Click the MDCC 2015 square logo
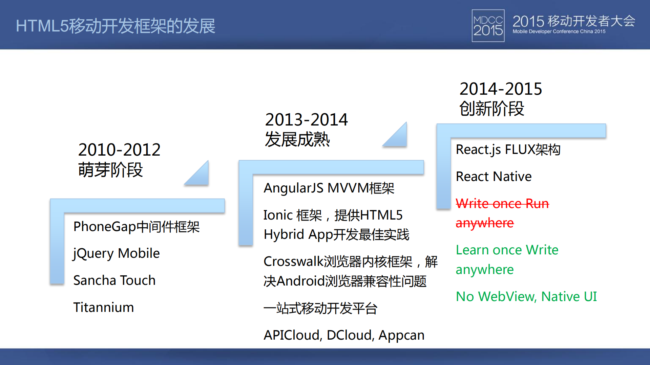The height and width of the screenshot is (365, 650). tap(488, 26)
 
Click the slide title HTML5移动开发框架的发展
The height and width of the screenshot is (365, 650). tap(115, 26)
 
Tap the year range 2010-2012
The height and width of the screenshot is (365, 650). tap(119, 150)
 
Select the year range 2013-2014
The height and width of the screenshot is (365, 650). tap(306, 120)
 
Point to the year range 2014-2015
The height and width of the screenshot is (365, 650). tap(501, 89)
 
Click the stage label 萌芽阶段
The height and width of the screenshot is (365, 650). tap(110, 170)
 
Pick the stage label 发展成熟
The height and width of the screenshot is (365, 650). tap(297, 139)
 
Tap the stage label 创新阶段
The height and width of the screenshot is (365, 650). tap(491, 109)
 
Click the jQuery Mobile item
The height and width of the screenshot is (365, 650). tap(116, 253)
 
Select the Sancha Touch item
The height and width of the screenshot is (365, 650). tap(114, 280)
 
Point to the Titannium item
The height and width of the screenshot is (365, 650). tap(103, 307)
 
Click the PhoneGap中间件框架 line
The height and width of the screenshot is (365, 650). tap(136, 227)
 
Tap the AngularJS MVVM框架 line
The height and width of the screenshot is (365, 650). tap(329, 188)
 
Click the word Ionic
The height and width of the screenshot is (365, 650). tap(278, 215)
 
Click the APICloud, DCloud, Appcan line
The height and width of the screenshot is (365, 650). tap(343, 335)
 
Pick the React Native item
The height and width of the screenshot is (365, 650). tap(494, 177)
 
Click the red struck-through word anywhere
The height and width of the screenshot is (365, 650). tap(484, 223)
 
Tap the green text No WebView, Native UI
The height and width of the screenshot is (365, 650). tap(526, 297)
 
